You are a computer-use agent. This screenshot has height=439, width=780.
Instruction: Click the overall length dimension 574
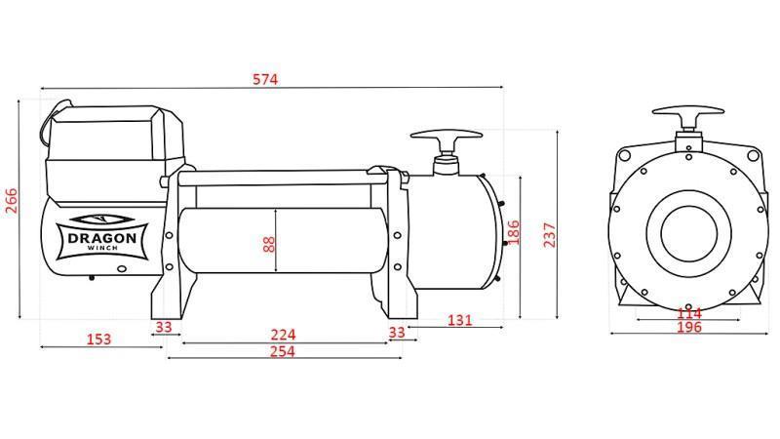coord(264,79)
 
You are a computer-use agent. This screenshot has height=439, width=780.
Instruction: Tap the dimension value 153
coord(98,339)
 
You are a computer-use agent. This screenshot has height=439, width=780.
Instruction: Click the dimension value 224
coord(283,335)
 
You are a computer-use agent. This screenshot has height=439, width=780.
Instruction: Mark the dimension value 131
coord(460,320)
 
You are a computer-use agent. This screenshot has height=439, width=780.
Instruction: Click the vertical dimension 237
coord(551,235)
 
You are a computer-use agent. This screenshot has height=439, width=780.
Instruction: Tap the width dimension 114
coord(689,313)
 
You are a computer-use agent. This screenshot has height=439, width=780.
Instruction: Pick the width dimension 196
coord(688,328)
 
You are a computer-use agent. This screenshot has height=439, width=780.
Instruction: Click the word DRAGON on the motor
coord(100,235)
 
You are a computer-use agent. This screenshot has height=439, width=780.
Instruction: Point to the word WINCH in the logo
coord(100,250)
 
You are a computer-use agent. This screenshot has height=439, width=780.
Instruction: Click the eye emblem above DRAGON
coord(100,219)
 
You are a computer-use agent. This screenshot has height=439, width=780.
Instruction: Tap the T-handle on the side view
coord(447,139)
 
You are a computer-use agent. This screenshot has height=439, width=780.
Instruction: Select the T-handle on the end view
coord(689,115)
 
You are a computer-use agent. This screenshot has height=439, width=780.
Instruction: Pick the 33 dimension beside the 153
coord(163,327)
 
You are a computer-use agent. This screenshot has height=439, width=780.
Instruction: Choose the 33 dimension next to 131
coord(396,332)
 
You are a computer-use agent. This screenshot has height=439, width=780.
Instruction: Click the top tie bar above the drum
coord(283,178)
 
